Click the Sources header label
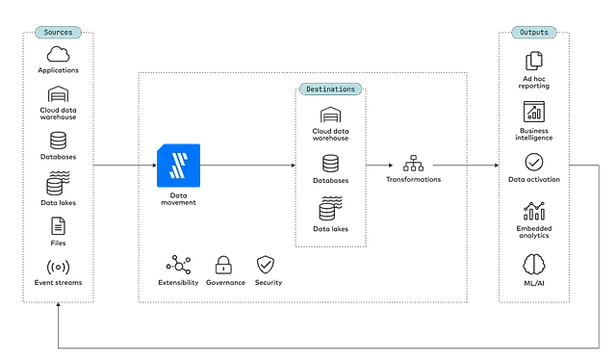[x=58, y=32]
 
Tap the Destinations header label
[x=330, y=89]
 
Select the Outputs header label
[x=534, y=32]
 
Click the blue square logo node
[x=181, y=165]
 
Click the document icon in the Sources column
[x=58, y=224]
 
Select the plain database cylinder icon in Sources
[x=58, y=141]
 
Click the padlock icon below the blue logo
[x=222, y=262]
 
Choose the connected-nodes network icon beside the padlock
[x=179, y=262]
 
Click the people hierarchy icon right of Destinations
[x=413, y=165]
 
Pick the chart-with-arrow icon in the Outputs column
[x=534, y=112]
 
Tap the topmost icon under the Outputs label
[x=534, y=61]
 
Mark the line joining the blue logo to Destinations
[x=249, y=165]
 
